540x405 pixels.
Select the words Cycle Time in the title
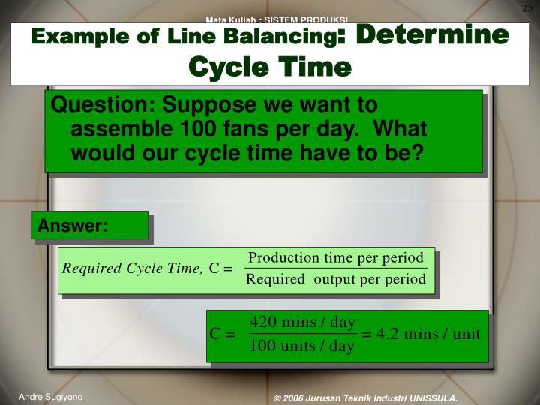[270, 67]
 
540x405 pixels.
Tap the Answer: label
[73, 225]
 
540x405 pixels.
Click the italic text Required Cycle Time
[133, 269]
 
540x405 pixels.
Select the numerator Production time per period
[336, 257]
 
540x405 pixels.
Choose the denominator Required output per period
[336, 280]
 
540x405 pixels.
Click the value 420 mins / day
[302, 322]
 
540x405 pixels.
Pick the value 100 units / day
[302, 346]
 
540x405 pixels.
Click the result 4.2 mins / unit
[421, 334]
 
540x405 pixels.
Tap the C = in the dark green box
[223, 334]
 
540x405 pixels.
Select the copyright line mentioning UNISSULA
[365, 397]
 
